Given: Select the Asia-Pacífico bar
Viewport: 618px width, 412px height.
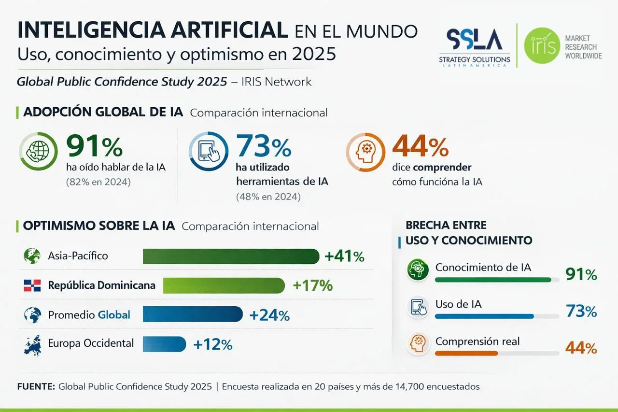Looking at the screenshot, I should [231, 256].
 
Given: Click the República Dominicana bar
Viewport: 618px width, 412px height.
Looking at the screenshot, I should [224, 285].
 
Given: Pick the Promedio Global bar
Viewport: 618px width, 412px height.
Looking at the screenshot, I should [193, 314].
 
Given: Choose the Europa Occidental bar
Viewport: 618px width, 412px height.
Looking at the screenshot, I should [164, 344].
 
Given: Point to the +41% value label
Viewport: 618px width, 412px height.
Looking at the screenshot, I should [345, 256].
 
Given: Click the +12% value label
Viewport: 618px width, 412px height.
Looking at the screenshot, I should [212, 344].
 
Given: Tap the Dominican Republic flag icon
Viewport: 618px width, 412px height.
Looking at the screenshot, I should [32, 285].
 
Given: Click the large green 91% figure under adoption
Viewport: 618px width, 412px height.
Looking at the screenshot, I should [94, 147].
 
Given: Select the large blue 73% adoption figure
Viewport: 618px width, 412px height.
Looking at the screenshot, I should [264, 147].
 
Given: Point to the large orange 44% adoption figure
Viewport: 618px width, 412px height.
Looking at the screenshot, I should [420, 147].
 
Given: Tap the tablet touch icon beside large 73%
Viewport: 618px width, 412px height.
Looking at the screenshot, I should [208, 152].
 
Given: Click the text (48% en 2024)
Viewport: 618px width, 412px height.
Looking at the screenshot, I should [268, 197].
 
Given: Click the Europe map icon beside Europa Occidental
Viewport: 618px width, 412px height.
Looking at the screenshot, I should [32, 344].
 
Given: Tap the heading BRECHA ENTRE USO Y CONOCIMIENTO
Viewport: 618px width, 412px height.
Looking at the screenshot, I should [468, 232].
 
